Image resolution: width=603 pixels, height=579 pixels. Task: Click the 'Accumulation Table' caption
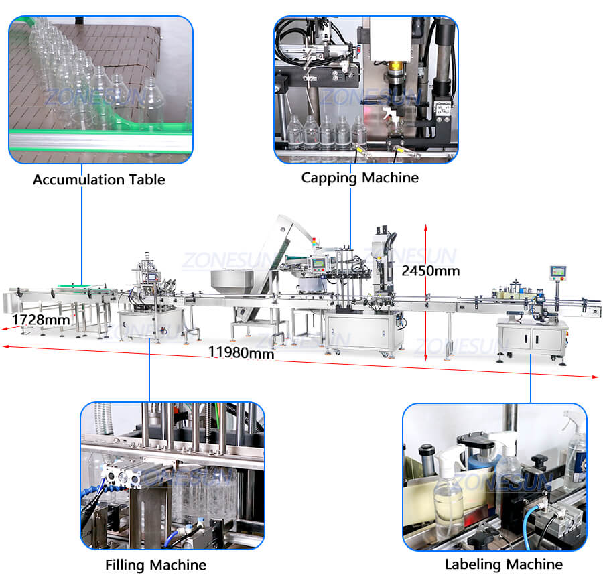98,180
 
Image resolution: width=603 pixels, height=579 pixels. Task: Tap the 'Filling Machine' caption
155,565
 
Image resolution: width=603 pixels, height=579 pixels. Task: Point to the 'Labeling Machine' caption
503,564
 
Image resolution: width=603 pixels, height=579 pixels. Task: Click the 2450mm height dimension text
431,271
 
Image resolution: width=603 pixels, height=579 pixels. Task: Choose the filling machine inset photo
172,475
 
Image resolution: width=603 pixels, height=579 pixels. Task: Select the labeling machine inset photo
494,476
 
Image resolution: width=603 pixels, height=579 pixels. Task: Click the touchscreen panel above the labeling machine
558,272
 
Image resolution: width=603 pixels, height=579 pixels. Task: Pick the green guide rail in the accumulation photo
100,137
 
